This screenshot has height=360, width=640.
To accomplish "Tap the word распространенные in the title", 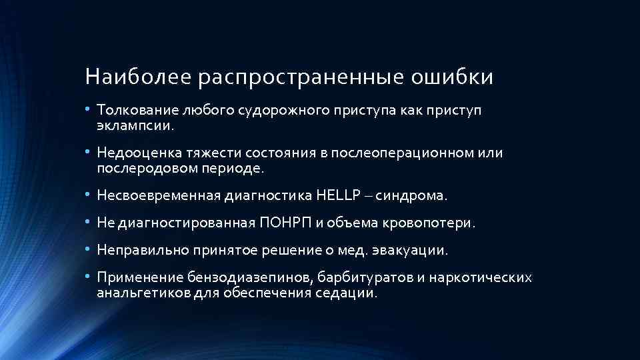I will [x=300, y=77].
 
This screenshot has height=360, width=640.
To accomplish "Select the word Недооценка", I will [x=134, y=153].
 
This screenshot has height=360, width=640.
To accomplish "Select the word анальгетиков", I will [x=137, y=293].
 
